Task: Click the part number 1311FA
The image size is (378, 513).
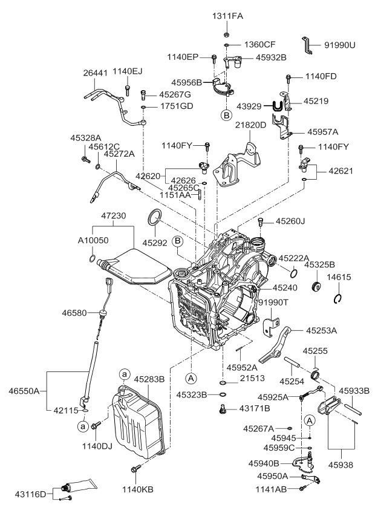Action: click(x=227, y=16)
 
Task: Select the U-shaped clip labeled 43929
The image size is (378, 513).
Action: click(x=278, y=106)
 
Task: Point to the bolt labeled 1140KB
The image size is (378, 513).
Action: click(x=135, y=468)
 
